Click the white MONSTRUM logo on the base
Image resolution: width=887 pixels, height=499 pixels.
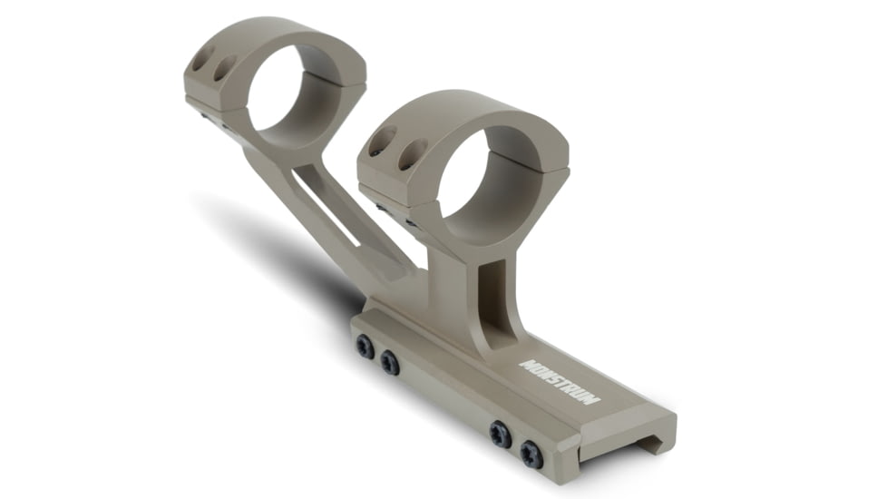click(560, 382)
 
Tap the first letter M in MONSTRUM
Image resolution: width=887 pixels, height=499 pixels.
click(527, 366)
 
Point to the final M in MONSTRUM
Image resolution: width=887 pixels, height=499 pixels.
click(593, 399)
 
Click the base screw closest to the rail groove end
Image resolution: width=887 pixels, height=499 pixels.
click(531, 455)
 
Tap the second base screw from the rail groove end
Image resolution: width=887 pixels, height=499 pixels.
click(501, 435)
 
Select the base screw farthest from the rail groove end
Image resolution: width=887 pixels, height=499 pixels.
click(365, 347)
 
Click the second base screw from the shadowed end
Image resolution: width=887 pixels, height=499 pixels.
click(390, 363)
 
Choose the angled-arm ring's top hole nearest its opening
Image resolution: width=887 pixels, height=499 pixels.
click(223, 68)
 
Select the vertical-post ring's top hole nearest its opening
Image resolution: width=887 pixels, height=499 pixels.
click(413, 154)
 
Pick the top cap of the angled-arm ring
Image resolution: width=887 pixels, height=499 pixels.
click(272, 38)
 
